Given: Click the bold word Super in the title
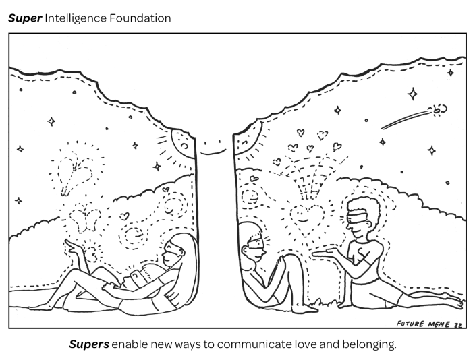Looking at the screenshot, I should coord(24,18).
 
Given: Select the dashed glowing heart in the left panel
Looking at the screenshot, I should coord(72,169).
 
